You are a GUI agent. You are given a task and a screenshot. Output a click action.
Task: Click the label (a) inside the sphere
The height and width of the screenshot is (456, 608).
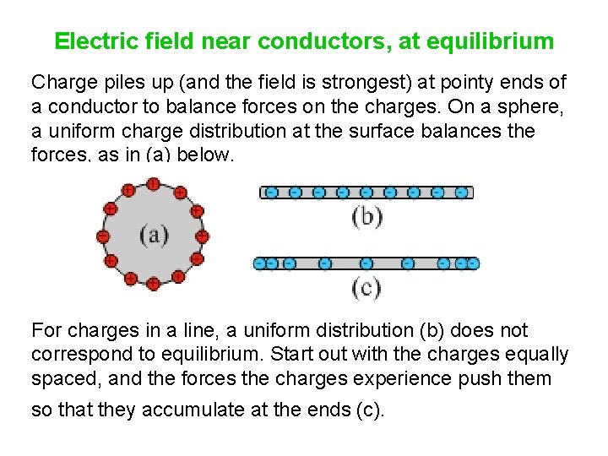click(x=154, y=234)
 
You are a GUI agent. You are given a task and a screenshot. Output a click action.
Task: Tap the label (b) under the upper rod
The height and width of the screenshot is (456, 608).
click(x=366, y=216)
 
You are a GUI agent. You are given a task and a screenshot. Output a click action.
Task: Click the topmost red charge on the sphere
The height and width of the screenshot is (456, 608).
click(x=153, y=183)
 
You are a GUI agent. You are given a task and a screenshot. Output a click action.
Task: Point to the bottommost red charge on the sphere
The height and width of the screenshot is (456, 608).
click(x=153, y=284)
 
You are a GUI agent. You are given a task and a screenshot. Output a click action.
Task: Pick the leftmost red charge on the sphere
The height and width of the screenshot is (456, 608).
click(x=102, y=236)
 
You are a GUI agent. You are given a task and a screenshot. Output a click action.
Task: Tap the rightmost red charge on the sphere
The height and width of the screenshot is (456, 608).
click(x=203, y=236)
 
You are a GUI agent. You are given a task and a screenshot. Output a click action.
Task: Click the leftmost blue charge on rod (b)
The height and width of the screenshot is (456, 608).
click(x=271, y=193)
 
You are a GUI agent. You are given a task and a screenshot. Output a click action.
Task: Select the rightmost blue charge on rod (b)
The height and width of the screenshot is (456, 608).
click(x=461, y=193)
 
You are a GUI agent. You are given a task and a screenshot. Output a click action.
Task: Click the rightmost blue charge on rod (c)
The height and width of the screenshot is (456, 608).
click(x=473, y=263)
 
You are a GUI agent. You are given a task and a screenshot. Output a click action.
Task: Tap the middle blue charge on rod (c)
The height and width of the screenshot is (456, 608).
click(x=366, y=263)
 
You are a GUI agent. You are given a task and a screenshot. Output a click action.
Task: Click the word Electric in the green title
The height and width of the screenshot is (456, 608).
click(x=89, y=41)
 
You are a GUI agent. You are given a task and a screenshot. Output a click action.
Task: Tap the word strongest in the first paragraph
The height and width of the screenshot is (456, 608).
click(x=345, y=84)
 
